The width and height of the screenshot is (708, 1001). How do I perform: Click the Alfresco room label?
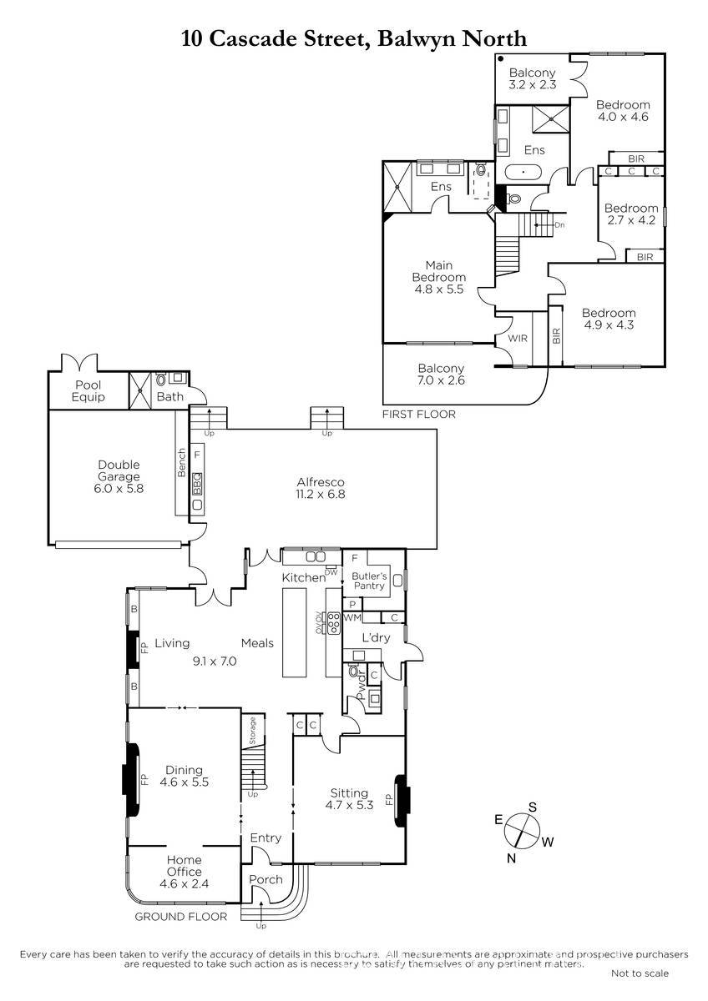coord(321,488)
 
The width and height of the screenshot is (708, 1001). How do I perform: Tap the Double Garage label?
coord(119,476)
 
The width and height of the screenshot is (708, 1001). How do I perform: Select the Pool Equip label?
coord(88,391)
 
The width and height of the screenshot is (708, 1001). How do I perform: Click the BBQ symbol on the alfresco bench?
coord(197,484)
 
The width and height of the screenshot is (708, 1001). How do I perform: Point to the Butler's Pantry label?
coord(369,581)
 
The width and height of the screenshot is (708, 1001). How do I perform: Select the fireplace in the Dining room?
coord(131,780)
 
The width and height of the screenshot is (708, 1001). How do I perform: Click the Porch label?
coord(265,879)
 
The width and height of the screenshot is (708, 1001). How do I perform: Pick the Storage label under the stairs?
coord(253,731)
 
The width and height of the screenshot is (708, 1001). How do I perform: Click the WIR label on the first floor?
coord(518,339)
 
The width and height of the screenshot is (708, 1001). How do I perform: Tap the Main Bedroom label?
coord(439,277)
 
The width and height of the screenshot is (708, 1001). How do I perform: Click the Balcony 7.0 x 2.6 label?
coord(441,374)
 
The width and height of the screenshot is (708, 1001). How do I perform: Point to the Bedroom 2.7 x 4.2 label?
coord(631,214)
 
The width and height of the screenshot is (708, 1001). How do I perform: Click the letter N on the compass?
coord(512,858)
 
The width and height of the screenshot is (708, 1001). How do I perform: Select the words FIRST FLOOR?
coord(418,415)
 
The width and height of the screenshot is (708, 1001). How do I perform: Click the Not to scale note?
coord(640,973)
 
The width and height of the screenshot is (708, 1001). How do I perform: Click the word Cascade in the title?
coord(253,38)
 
